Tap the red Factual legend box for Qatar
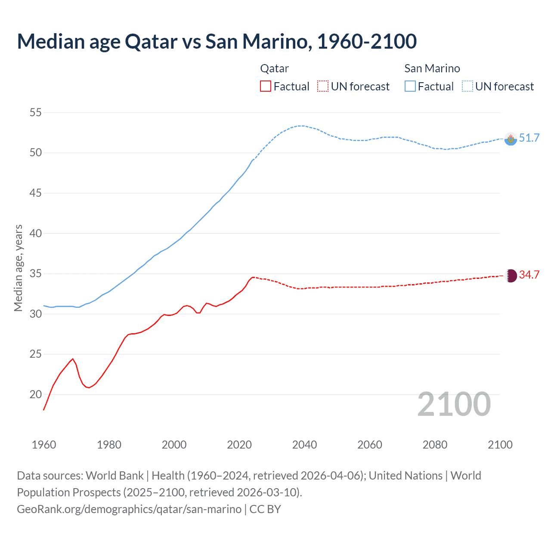[x=266, y=87]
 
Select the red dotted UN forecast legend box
[x=323, y=87]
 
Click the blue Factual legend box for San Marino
[x=410, y=87]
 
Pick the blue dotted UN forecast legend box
[x=467, y=87]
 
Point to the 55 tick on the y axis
[x=36, y=113]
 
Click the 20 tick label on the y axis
[x=36, y=394]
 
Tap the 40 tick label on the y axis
[x=36, y=233]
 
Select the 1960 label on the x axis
[x=44, y=445]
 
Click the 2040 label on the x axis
[x=304, y=445]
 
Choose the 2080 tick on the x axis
[x=435, y=445]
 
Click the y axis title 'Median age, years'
[x=18, y=268]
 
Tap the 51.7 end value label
[x=529, y=138]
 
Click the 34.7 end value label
[x=529, y=275]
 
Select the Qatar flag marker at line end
[x=511, y=275]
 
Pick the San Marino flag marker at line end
[x=511, y=139]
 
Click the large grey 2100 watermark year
[x=454, y=404]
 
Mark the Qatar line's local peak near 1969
[x=73, y=359]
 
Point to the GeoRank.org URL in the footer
[x=129, y=509]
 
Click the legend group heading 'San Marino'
[x=432, y=68]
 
